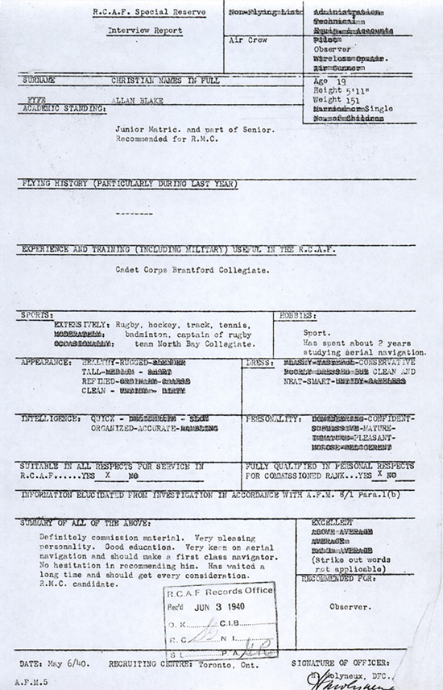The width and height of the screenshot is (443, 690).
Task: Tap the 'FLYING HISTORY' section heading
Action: [x=129, y=185]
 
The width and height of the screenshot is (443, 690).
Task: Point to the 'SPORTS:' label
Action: [x=38, y=314]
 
